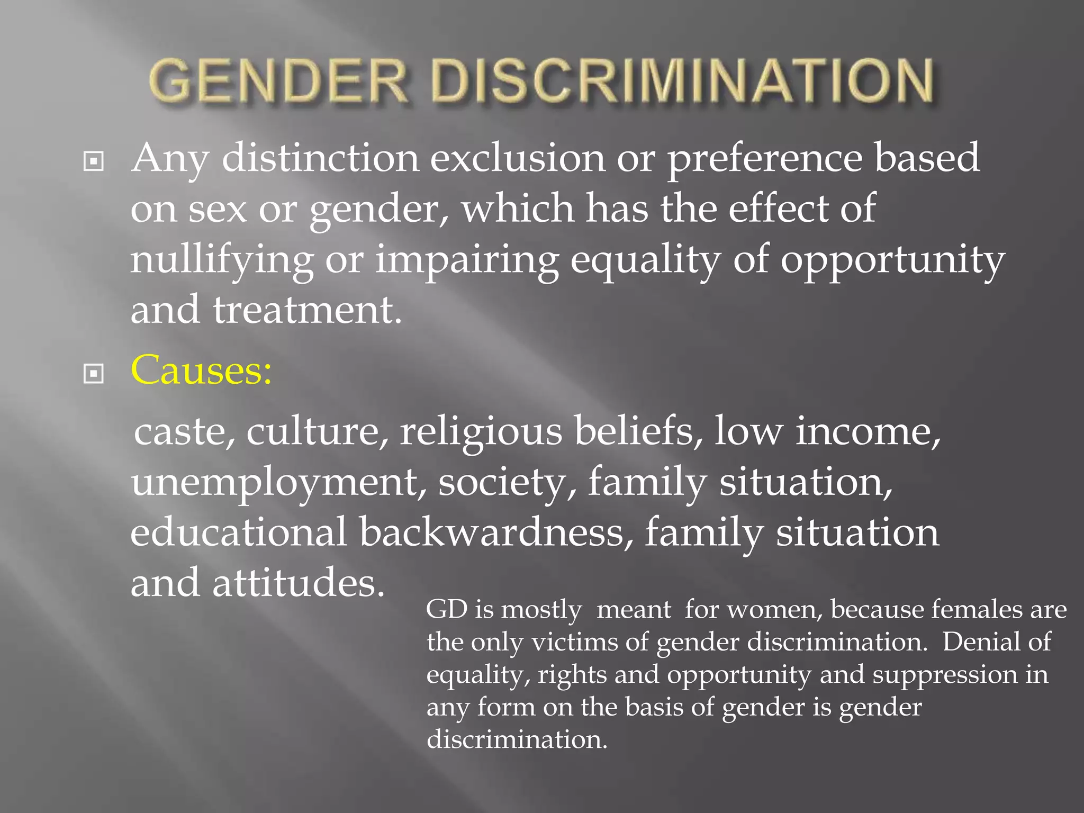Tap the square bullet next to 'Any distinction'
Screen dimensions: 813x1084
pos(94,161)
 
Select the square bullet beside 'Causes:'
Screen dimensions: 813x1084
pos(94,374)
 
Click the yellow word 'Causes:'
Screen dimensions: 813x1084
pos(201,369)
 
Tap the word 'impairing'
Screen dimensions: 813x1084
pos(467,260)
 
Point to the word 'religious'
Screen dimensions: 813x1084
pos(481,432)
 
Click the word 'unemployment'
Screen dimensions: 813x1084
pos(278,483)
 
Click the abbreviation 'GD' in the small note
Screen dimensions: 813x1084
pos(446,609)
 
